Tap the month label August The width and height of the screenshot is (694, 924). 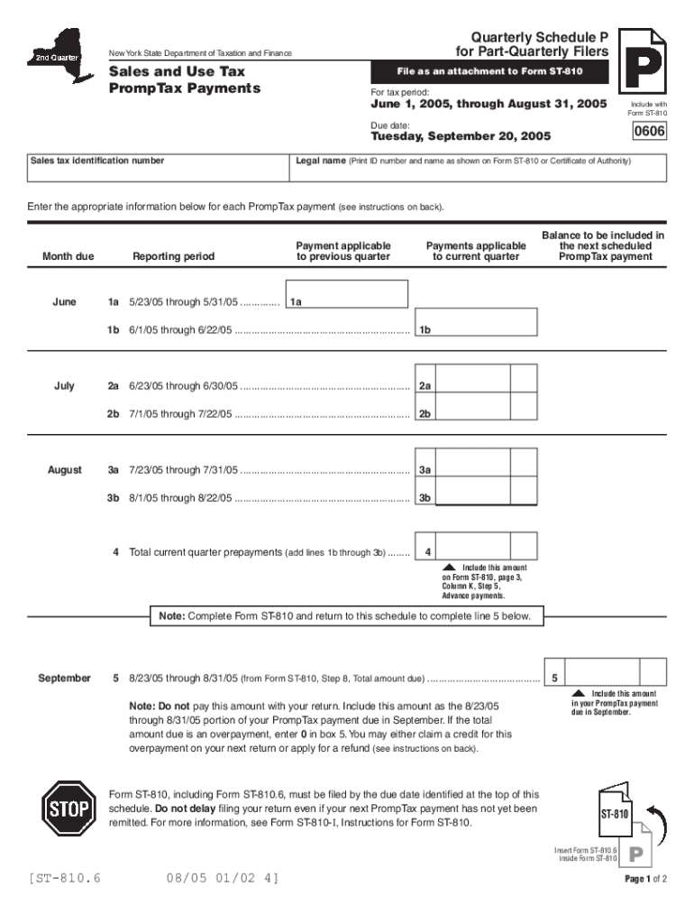[x=64, y=470]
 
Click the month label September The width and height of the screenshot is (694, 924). [x=64, y=678]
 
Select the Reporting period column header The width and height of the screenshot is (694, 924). [x=174, y=256]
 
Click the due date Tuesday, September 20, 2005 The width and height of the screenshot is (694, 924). [x=461, y=137]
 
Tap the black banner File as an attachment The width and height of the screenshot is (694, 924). [x=490, y=71]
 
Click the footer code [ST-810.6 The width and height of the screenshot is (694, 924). [x=64, y=877]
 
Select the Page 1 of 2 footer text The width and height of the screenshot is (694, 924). [x=645, y=879]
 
